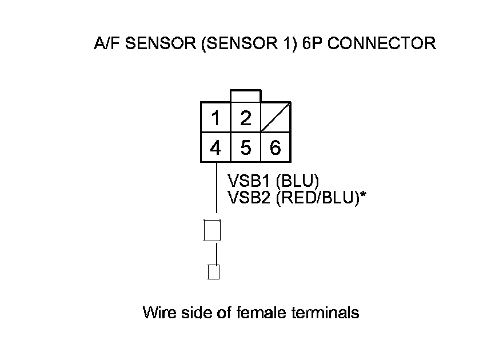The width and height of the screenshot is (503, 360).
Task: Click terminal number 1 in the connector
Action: [x=215, y=119]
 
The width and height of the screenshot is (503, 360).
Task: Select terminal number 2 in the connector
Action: [x=246, y=118]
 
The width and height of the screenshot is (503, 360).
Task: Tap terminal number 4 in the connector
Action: [x=215, y=148]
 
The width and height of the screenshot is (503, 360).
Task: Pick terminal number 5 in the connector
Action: [x=246, y=148]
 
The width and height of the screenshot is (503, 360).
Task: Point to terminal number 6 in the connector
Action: [x=276, y=148]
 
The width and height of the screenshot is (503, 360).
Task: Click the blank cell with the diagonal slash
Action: [x=276, y=118]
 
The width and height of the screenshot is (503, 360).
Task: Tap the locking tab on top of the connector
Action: [x=246, y=96]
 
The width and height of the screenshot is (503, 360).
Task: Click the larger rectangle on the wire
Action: [x=212, y=230]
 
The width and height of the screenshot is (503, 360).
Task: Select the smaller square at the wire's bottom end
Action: [x=214, y=272]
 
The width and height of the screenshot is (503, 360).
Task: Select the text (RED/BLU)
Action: [x=317, y=197]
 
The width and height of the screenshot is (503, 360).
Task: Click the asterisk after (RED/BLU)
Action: [x=363, y=195]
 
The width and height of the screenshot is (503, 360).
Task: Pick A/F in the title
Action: [x=103, y=44]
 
